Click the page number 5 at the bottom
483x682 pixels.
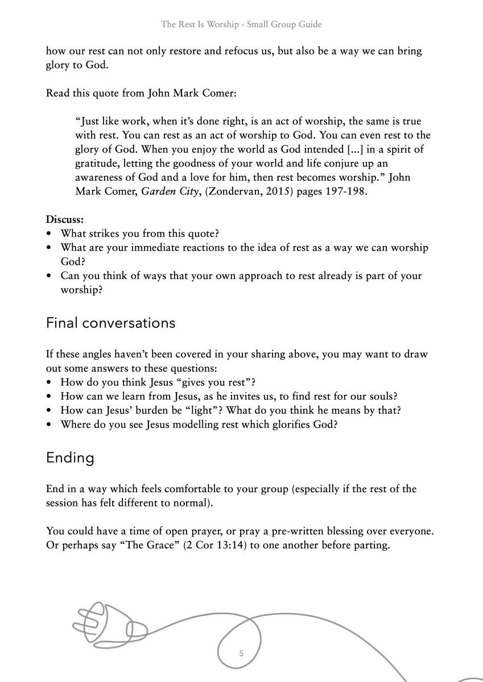[241, 654]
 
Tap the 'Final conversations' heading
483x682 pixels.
[110, 323]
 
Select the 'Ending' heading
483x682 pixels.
[70, 458]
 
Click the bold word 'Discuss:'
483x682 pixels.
[65, 219]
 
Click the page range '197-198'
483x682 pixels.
[346, 192]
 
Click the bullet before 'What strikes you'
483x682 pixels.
[50, 234]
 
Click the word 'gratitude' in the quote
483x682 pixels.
[97, 164]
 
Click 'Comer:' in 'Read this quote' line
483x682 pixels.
[220, 93]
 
